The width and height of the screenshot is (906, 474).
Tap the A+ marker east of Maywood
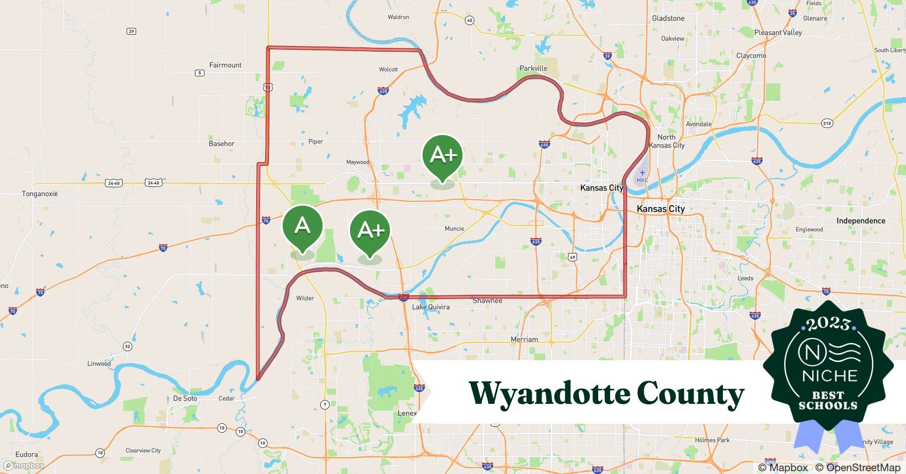(x=442, y=156)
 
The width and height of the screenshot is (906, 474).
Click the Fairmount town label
(x=225, y=65)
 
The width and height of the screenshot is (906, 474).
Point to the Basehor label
(x=222, y=144)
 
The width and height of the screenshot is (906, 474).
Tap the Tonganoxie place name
(x=40, y=194)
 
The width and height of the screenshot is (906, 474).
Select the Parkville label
(x=533, y=68)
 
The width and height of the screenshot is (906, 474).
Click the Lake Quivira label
(x=431, y=307)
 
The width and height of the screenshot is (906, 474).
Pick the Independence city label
(x=860, y=221)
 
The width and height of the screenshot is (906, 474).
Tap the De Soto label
(x=185, y=398)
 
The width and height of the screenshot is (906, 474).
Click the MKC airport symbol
(x=642, y=173)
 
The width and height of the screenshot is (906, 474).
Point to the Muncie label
(x=454, y=228)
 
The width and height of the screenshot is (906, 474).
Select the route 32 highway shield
(x=127, y=346)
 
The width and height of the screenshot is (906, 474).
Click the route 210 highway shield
(x=827, y=123)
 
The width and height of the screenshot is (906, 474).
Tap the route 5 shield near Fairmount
(x=200, y=73)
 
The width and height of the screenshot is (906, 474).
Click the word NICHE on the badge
(x=830, y=376)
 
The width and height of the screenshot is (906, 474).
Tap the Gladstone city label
(x=668, y=18)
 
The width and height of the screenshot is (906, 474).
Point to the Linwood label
(x=99, y=364)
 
